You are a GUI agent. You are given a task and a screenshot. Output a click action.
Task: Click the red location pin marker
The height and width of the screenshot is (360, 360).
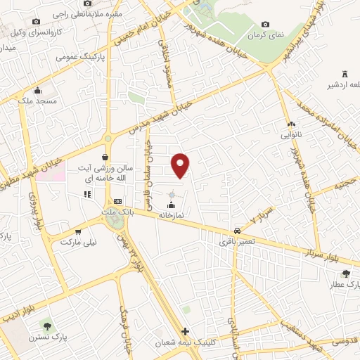point(181,164)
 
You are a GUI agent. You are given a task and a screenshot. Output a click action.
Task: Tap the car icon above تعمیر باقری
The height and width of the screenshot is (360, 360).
point(238,231)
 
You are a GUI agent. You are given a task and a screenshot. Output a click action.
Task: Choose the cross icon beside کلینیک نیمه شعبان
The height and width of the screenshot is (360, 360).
point(184,332)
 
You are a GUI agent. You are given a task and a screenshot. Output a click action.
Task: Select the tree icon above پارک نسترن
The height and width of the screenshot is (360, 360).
point(47,326)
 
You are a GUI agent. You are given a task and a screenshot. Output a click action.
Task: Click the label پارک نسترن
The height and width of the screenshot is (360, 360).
point(47,337)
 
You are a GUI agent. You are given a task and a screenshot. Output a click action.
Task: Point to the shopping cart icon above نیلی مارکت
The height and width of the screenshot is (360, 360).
point(78,231)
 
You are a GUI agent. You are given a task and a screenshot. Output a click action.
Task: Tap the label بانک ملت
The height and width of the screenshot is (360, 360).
point(117,212)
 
